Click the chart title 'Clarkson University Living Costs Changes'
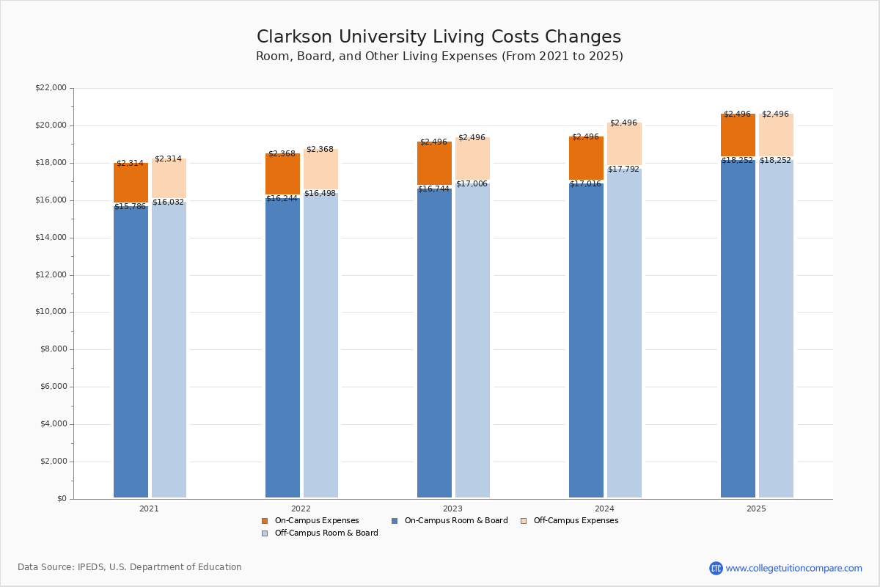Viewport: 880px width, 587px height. point(439,37)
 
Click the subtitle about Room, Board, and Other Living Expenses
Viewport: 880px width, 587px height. point(439,56)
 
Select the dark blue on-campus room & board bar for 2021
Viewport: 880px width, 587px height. point(131,352)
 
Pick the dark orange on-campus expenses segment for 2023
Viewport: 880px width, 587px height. point(434,163)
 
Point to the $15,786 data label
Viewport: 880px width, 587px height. point(130,207)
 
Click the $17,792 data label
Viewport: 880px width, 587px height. point(623,169)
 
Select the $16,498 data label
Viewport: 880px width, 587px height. point(320,194)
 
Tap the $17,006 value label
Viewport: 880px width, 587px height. point(472,184)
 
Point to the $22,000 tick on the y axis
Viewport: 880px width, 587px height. point(51,88)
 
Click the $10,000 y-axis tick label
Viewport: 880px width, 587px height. point(51,312)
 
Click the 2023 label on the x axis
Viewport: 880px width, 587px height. point(452,508)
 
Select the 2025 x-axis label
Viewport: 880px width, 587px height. point(756,508)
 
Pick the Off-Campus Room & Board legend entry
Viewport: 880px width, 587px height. point(326,533)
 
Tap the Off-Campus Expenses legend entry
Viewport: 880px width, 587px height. point(575,521)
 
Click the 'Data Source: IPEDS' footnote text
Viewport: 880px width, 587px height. point(130,567)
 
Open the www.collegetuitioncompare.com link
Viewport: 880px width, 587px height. point(793,568)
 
